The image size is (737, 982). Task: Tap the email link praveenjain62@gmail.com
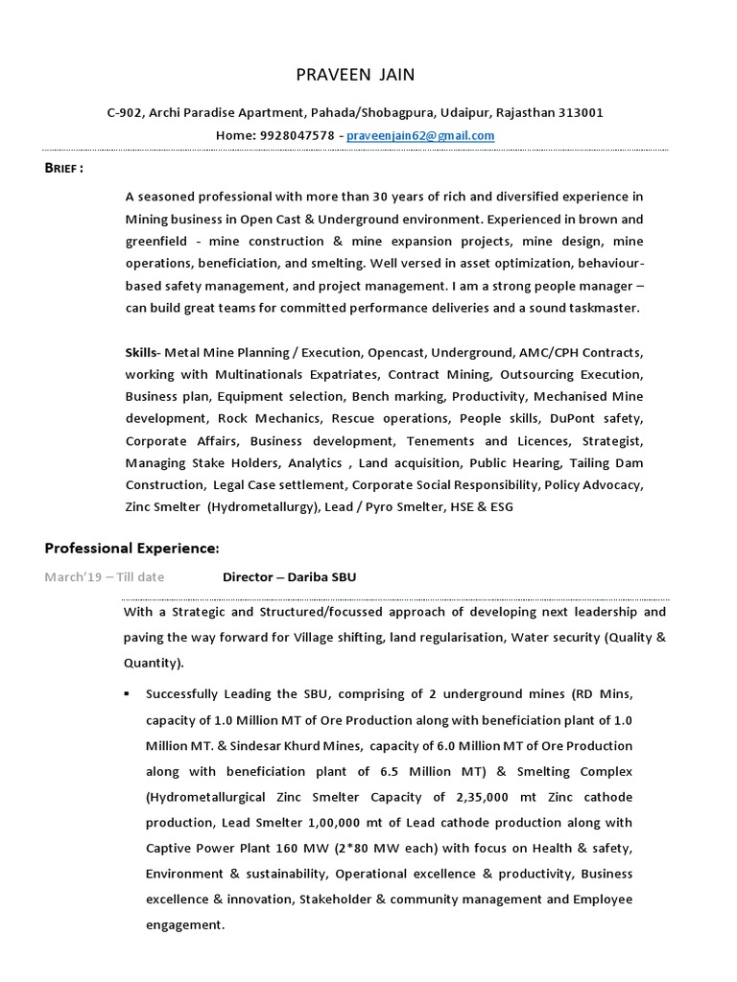[420, 136]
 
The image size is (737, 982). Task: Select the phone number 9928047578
[296, 136]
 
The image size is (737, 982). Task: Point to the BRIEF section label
[63, 168]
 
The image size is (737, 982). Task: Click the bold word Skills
[142, 353]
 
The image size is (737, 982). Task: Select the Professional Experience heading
[132, 548]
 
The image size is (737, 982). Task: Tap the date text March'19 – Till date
[104, 577]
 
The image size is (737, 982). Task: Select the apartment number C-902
[126, 113]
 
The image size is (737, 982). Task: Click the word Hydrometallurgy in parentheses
[259, 506]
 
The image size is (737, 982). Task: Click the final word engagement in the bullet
[184, 926]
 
